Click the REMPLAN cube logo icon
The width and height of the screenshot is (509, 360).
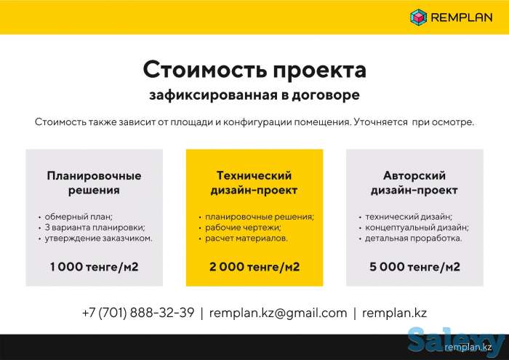[x=417, y=16]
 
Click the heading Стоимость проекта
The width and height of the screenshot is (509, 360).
[x=254, y=71]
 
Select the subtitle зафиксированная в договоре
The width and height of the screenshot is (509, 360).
[x=254, y=95]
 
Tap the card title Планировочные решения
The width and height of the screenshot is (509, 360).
[x=94, y=183]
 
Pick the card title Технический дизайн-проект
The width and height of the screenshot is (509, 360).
[x=254, y=183]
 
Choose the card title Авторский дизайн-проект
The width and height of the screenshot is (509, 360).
[x=414, y=183]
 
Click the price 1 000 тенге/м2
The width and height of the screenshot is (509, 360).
[x=94, y=267]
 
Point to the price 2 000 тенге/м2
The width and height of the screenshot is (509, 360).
[x=254, y=267]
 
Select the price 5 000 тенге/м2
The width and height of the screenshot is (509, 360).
[x=414, y=267]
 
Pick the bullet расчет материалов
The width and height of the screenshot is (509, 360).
[x=246, y=238]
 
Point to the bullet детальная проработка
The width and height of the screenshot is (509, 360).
[x=412, y=238]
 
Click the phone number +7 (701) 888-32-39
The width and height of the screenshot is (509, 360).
[x=138, y=313]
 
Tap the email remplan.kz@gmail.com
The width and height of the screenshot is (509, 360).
[x=278, y=313]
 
